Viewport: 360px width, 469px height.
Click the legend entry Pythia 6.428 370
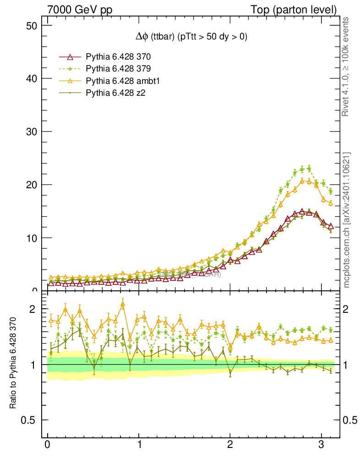(x=118, y=57)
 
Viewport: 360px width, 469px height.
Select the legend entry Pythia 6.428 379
(x=118, y=69)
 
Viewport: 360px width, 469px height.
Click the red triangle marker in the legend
(x=70, y=57)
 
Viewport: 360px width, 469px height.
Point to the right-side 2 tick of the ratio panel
(x=349, y=309)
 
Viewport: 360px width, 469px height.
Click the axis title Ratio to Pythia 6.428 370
(x=13, y=363)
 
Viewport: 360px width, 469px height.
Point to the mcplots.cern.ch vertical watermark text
(x=347, y=220)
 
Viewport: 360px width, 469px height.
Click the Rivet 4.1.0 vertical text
(x=347, y=66)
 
